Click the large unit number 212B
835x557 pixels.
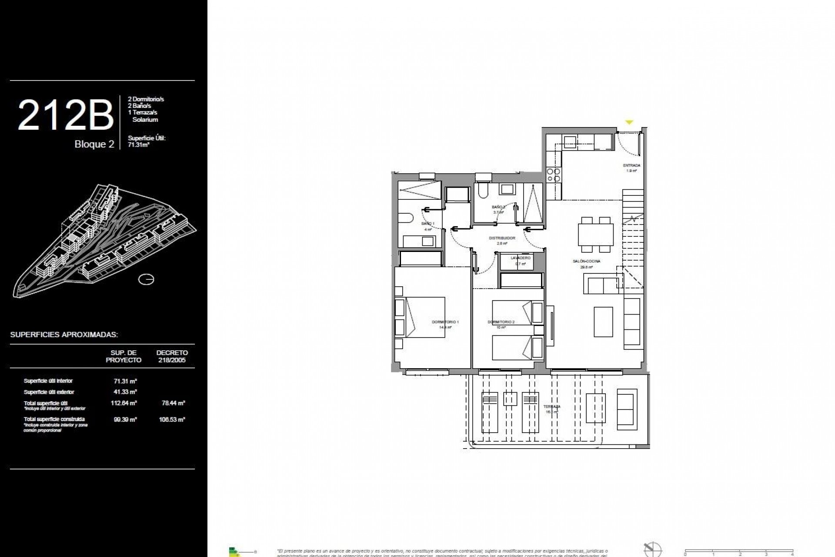point(65,115)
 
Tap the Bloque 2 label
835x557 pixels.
point(94,144)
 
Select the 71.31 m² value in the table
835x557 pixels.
point(125,381)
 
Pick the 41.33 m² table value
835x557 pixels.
point(125,392)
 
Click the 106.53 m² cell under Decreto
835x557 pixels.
point(173,420)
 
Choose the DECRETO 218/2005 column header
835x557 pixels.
point(172,356)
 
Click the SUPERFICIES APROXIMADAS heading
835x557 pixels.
point(64,335)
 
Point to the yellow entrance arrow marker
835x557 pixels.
point(629,123)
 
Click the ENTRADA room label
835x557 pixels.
point(631,166)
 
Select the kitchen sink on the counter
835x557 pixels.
point(569,141)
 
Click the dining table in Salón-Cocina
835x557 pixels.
point(595,235)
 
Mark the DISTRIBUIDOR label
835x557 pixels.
point(502,238)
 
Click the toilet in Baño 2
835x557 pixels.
point(482,190)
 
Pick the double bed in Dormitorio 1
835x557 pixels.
point(421,318)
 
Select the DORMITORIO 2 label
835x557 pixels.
point(501,322)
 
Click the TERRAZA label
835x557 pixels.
point(551,407)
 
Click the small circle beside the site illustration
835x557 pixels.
point(146,279)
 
